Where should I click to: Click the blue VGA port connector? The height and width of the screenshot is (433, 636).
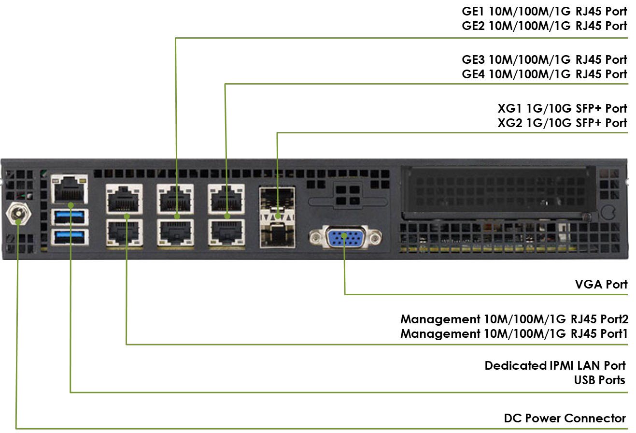(x=344, y=237)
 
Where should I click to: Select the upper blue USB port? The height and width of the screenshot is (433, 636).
(x=70, y=217)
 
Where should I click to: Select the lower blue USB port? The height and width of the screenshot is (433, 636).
(x=70, y=237)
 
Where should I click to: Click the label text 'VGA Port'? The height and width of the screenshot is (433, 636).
(x=601, y=284)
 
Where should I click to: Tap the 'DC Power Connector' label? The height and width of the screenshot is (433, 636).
(x=565, y=418)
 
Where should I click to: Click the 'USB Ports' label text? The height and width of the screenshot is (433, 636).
(x=599, y=380)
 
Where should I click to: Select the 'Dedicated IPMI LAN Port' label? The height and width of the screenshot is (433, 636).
(x=555, y=365)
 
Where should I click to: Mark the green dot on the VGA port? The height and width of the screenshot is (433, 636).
(x=344, y=235)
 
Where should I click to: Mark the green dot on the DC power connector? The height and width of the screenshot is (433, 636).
(x=18, y=222)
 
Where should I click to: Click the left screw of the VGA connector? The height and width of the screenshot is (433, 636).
(x=316, y=237)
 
